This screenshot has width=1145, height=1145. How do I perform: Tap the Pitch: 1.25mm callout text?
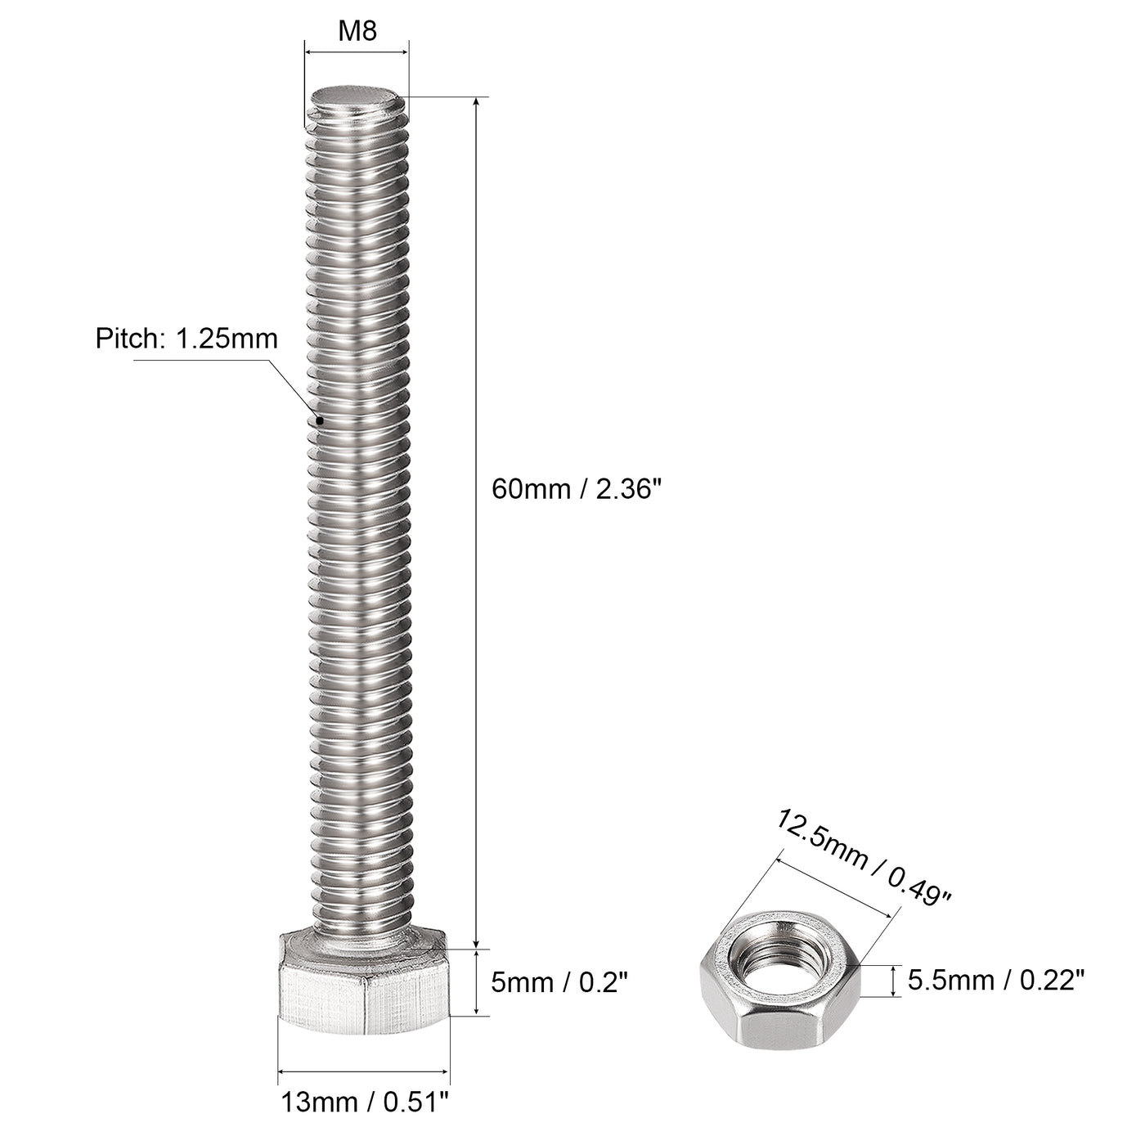(x=186, y=339)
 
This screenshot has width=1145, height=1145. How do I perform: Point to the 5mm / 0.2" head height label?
(x=560, y=981)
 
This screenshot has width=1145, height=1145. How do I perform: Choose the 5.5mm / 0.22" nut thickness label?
(x=996, y=979)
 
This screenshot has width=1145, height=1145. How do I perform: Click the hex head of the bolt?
(x=364, y=990)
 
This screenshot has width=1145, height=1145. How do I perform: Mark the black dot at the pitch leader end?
(x=320, y=420)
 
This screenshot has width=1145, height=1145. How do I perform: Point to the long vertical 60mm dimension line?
(x=475, y=523)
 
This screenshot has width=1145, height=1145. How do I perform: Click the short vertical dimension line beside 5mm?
(x=475, y=982)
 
